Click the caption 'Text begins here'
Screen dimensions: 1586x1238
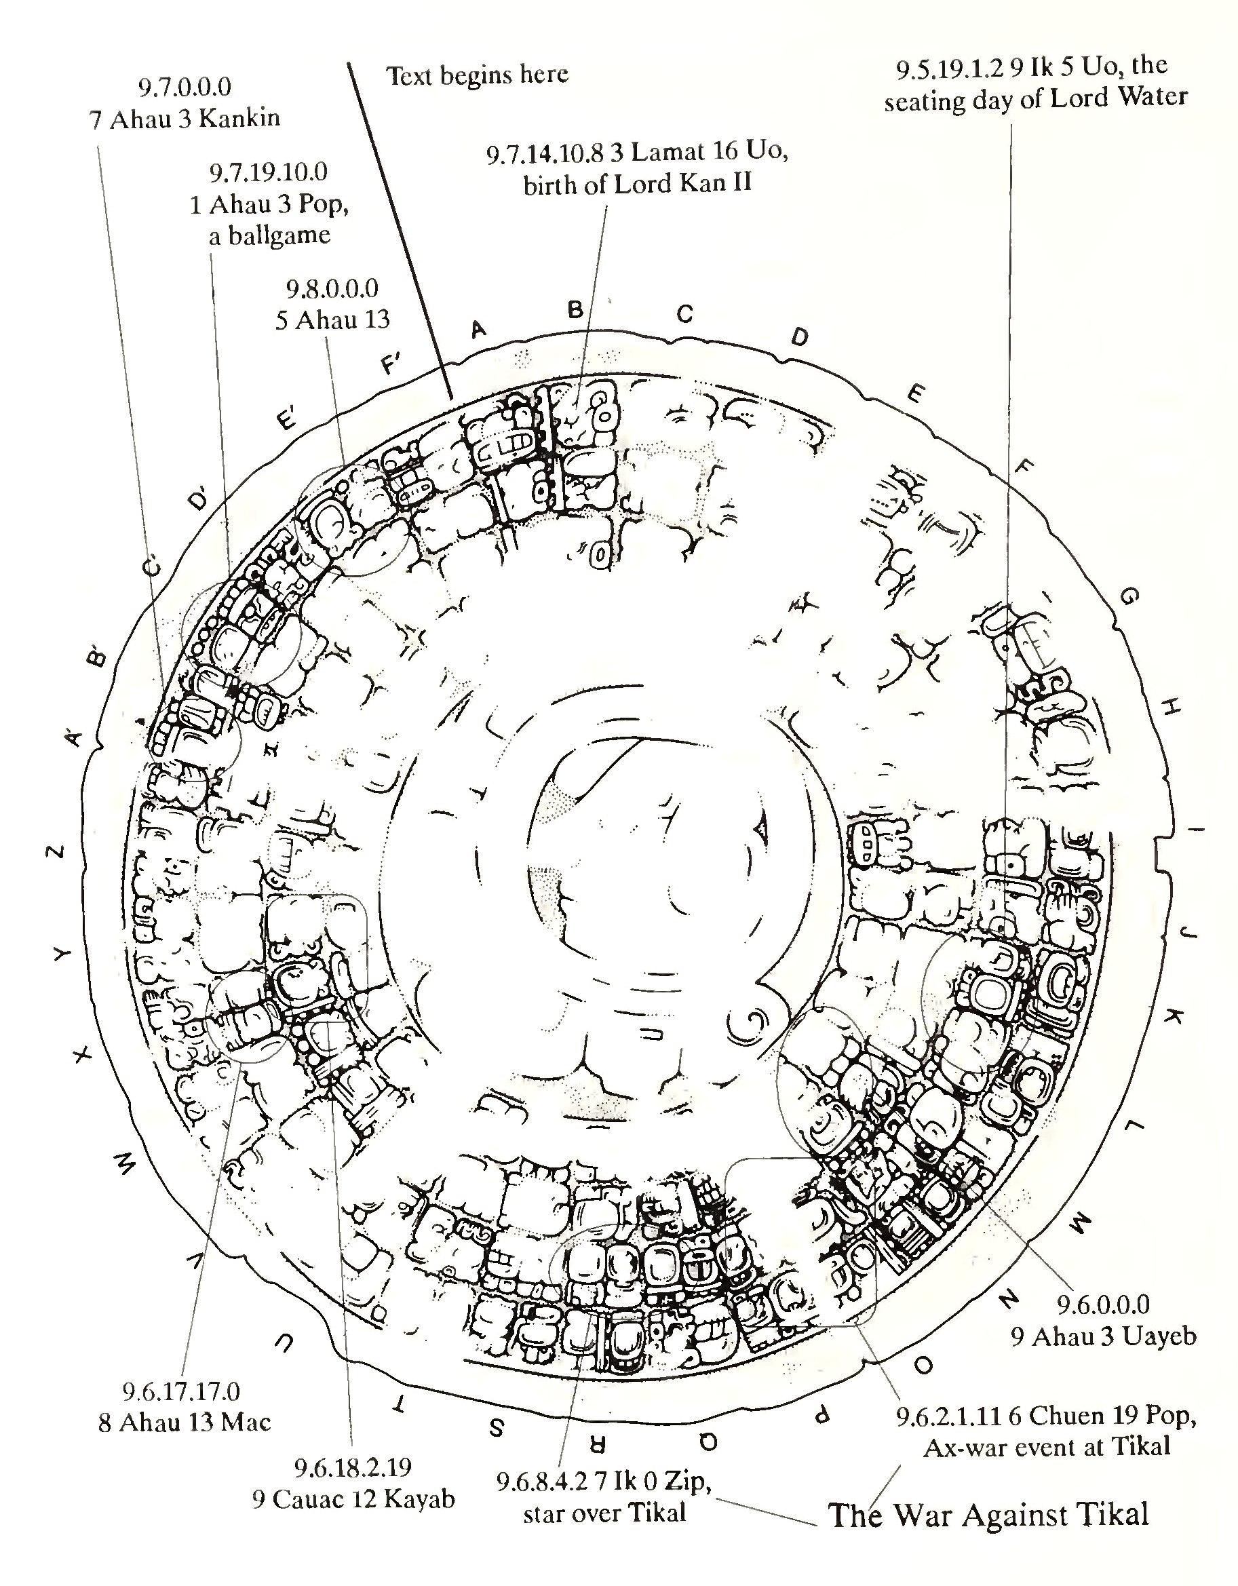(x=477, y=74)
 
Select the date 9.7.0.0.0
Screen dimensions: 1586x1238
(x=185, y=86)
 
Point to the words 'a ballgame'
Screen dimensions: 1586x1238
(x=269, y=235)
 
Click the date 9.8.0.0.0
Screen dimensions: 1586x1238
(x=332, y=288)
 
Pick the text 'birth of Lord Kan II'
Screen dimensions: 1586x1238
(x=637, y=185)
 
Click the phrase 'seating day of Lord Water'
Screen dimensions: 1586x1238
(x=1035, y=99)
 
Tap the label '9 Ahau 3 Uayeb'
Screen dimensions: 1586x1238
(x=1104, y=1336)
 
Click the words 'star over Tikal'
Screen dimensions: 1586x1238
(x=604, y=1513)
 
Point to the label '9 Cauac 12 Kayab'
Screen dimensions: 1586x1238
(x=353, y=1499)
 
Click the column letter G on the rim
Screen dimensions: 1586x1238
(x=1128, y=597)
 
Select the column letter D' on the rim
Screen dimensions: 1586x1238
(x=198, y=501)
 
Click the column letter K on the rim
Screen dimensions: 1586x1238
(x=1176, y=1017)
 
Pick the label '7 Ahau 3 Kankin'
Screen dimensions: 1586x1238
(x=185, y=118)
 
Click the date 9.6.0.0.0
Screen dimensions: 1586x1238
(x=1103, y=1304)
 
